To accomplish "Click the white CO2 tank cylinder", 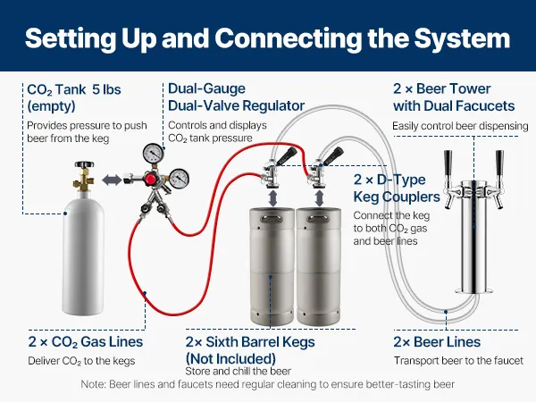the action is coord(83,253).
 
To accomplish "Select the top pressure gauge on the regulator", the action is coord(153,153).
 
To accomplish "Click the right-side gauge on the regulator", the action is coord(180,178).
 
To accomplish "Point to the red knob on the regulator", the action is coord(150,180).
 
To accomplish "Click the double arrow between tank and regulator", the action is coord(112,180).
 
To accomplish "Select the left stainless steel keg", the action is coord(272,266).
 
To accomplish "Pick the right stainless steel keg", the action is coord(319,266).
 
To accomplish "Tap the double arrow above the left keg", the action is coord(272,198).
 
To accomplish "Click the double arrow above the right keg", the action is coord(319,198).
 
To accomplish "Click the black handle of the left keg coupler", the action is coord(286,155).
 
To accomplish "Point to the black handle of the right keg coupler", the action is coord(333,155).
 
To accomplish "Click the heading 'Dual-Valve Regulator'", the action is coord(236,105).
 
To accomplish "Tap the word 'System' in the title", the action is coord(462,38).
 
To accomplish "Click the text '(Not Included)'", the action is coord(230,358).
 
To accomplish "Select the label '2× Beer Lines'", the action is coord(437,341).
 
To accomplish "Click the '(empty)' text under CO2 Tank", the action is coord(51,106).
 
